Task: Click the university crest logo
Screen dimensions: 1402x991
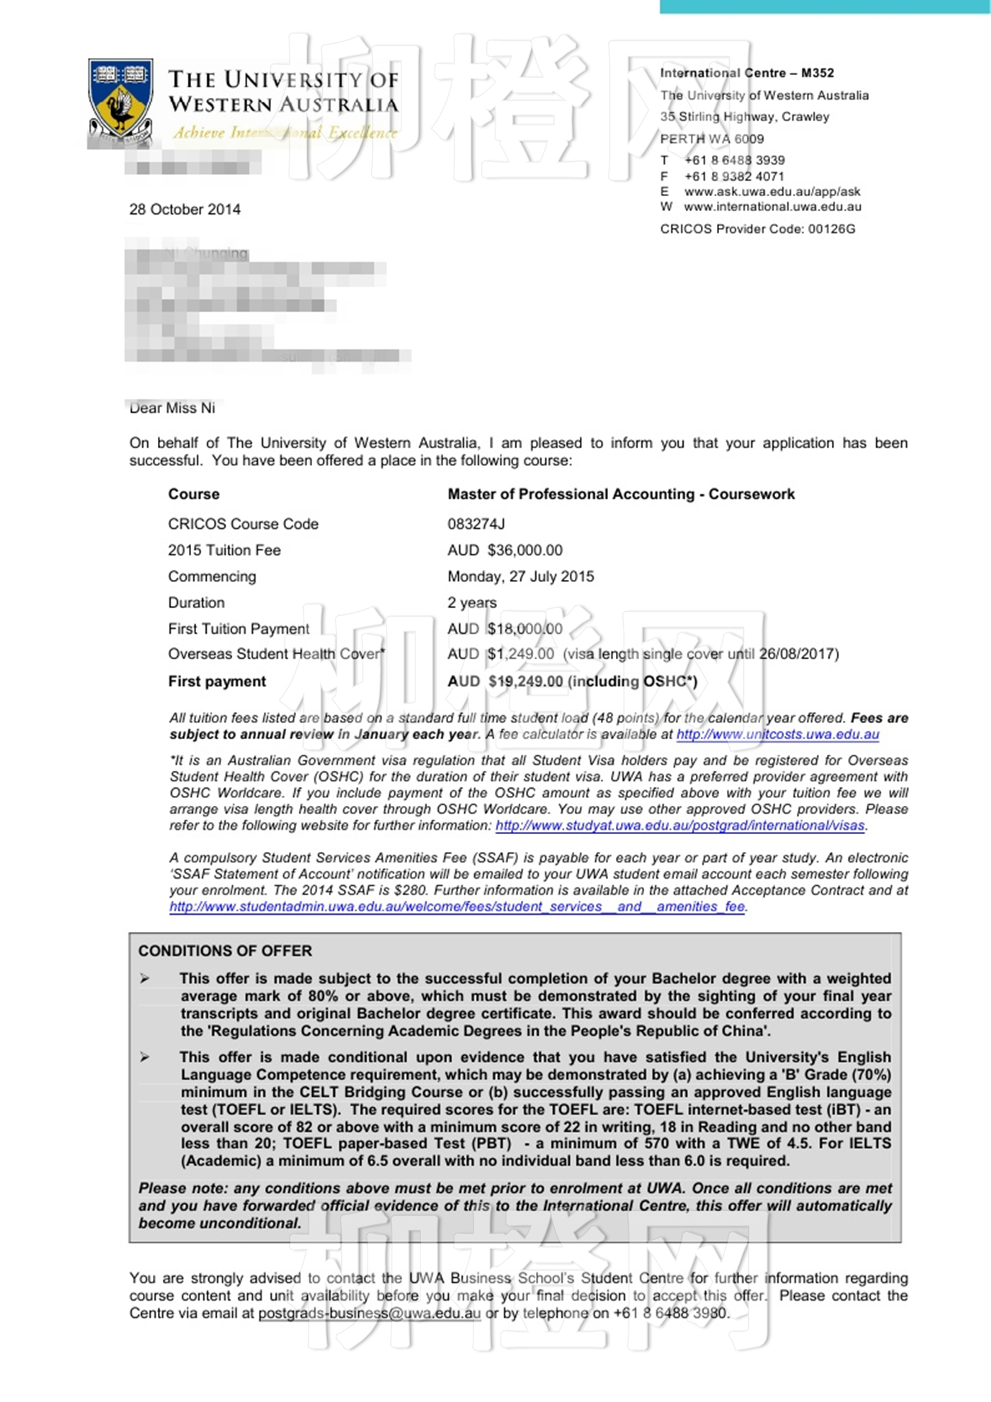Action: (120, 99)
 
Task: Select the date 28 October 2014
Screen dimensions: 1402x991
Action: (185, 210)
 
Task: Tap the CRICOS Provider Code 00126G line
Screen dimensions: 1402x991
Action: (757, 229)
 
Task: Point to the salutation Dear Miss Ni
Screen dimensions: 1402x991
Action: (172, 408)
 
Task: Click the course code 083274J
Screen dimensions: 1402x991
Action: (476, 524)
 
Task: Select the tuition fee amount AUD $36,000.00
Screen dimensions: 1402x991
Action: (505, 550)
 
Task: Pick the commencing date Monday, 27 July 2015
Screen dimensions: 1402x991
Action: (520, 576)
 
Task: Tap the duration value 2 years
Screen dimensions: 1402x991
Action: (471, 603)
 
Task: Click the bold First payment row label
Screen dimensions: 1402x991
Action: (217, 681)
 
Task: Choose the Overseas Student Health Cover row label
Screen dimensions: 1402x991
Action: (276, 654)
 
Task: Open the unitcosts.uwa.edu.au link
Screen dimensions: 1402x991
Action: (777, 734)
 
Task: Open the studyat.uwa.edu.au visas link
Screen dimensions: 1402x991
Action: (680, 826)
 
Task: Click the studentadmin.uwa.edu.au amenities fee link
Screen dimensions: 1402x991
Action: (457, 907)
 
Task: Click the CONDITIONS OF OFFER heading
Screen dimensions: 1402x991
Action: (225, 951)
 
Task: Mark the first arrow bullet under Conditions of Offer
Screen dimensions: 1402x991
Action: (145, 979)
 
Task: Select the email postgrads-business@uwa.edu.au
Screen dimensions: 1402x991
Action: (369, 1313)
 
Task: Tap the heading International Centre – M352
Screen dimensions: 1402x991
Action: (747, 73)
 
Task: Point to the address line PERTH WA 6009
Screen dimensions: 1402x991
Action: (711, 139)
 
